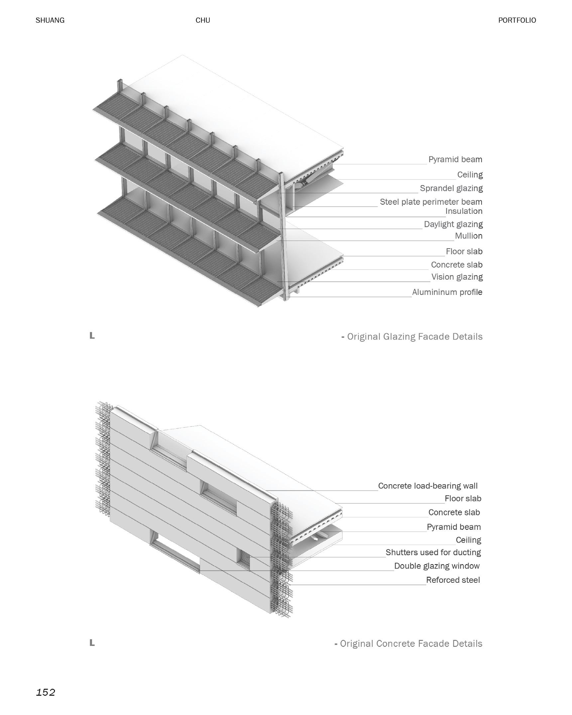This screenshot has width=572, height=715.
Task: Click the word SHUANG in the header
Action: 50,20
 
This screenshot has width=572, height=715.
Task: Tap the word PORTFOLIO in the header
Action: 517,20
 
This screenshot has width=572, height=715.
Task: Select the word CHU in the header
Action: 203,20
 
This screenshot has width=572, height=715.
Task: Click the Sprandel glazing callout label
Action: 451,188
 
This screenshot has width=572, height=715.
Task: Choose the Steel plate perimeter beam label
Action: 431,202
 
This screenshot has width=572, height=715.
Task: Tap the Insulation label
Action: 464,211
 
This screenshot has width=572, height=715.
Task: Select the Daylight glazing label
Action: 453,224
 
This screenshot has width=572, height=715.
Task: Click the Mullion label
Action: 468,236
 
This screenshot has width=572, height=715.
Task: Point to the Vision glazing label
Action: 457,277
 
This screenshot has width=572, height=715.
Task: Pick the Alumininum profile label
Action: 447,292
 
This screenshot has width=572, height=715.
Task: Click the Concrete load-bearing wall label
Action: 428,486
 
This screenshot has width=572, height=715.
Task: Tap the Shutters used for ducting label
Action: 433,552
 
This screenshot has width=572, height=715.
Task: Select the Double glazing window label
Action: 437,566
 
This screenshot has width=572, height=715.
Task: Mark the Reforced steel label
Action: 453,580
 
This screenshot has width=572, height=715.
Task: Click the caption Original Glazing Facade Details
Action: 414,337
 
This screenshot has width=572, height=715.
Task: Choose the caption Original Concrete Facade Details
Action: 411,644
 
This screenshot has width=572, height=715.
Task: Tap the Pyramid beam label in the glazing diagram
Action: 455,159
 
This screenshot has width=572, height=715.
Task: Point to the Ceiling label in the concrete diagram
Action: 468,540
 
